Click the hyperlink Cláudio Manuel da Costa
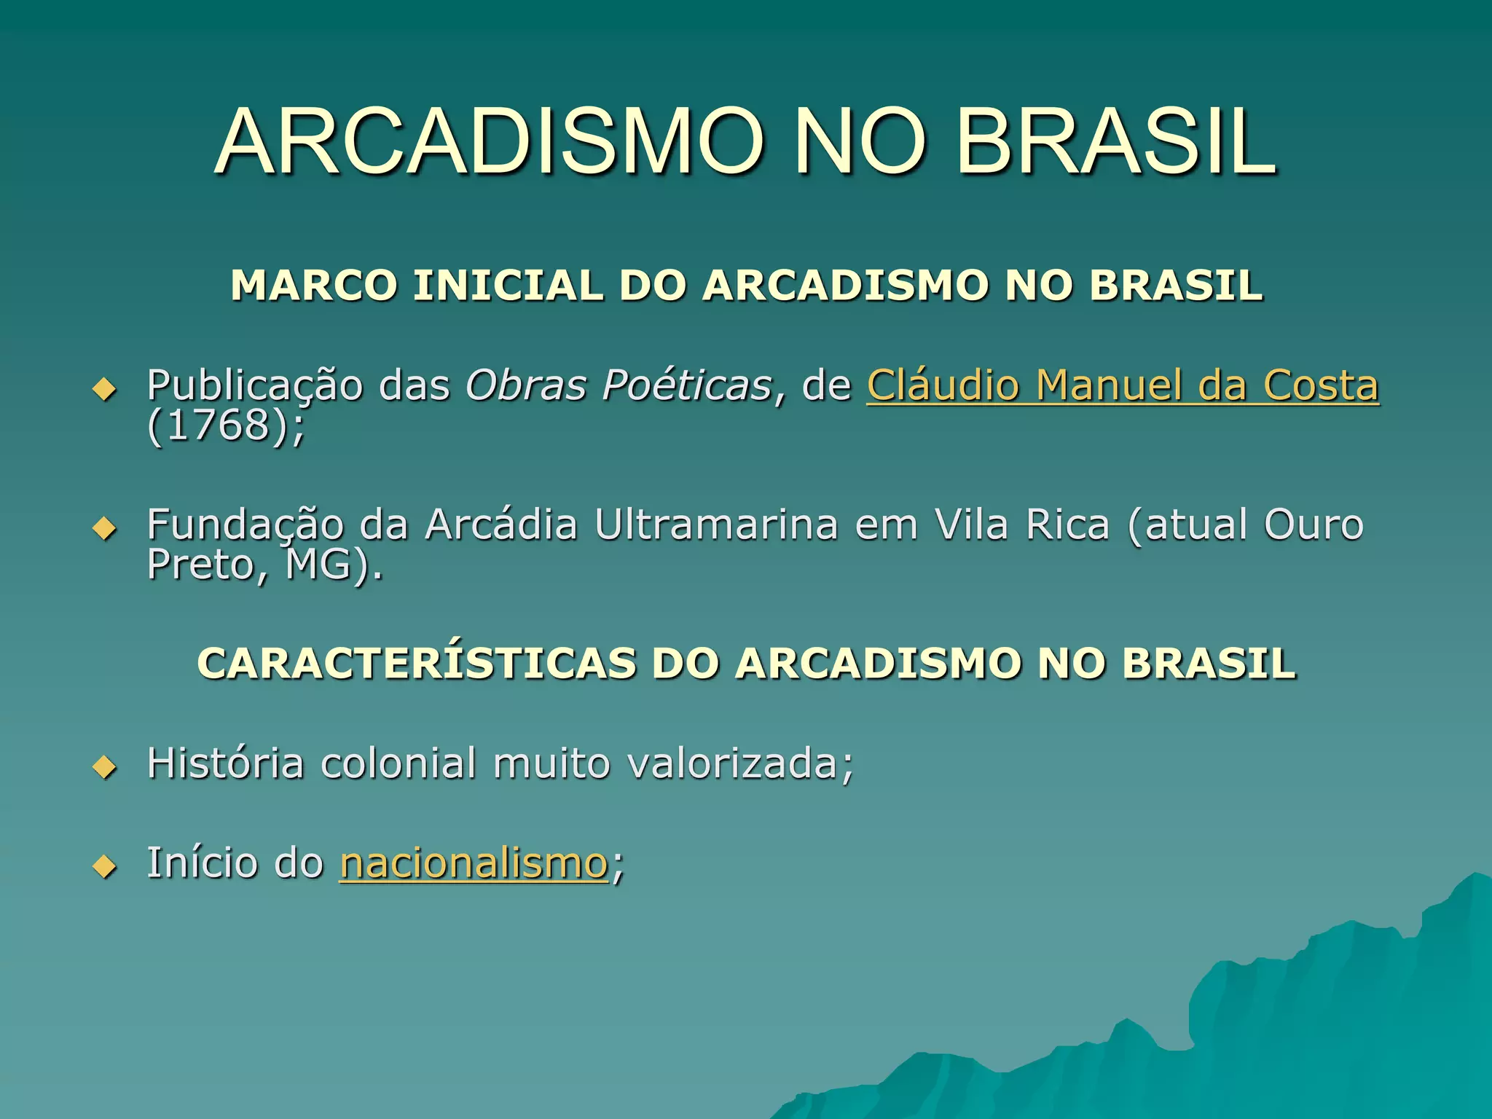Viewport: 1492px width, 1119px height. point(1122,385)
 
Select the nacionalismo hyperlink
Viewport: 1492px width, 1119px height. point(474,863)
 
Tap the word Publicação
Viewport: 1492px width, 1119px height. point(255,385)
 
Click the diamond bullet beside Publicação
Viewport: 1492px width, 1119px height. point(105,389)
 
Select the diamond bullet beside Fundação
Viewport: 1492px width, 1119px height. point(105,528)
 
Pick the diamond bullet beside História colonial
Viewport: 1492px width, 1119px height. point(105,766)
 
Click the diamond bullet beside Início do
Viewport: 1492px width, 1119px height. point(105,866)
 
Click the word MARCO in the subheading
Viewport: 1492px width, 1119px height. point(314,285)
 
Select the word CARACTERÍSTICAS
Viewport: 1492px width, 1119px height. point(416,664)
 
